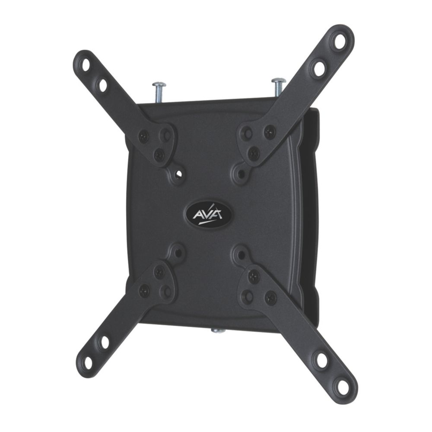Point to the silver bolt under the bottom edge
coord(218,330)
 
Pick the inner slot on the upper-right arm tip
coord(319,68)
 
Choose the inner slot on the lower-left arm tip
coord(105,342)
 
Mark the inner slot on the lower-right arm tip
coord(322,359)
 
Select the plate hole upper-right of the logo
coord(241,174)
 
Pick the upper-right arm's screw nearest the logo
coord(254,153)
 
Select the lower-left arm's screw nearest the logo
coord(159,273)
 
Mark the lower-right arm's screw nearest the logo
coord(254,276)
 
